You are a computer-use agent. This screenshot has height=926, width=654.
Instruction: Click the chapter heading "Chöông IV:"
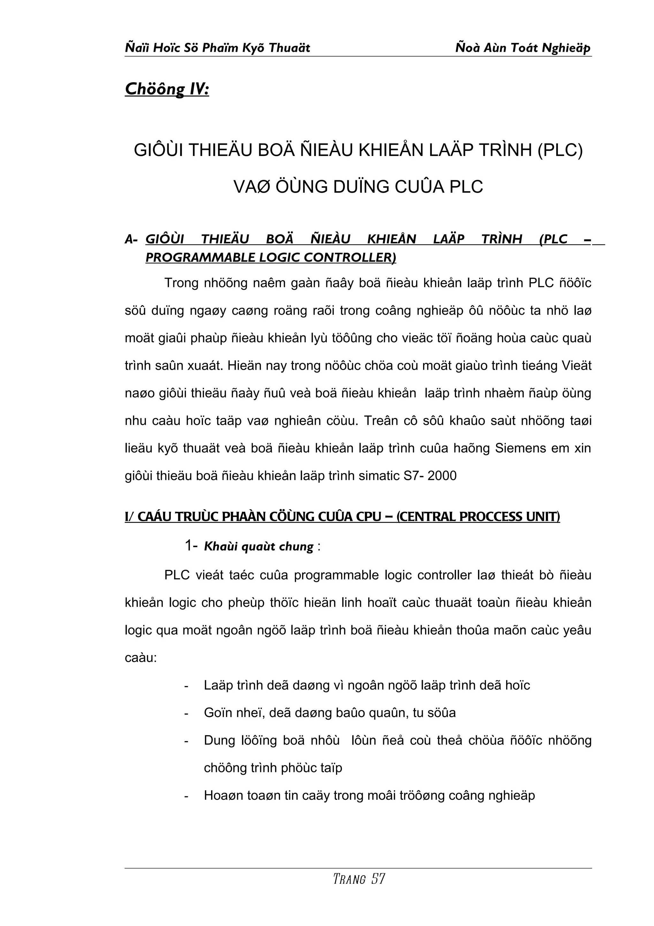[167, 89]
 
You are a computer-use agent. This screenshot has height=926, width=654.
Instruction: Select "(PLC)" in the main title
[560, 150]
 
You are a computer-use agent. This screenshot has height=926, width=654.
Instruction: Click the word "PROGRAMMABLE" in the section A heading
[201, 258]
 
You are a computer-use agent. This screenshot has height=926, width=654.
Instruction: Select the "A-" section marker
[131, 240]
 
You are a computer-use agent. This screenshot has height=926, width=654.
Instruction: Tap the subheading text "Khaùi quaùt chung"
[259, 546]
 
